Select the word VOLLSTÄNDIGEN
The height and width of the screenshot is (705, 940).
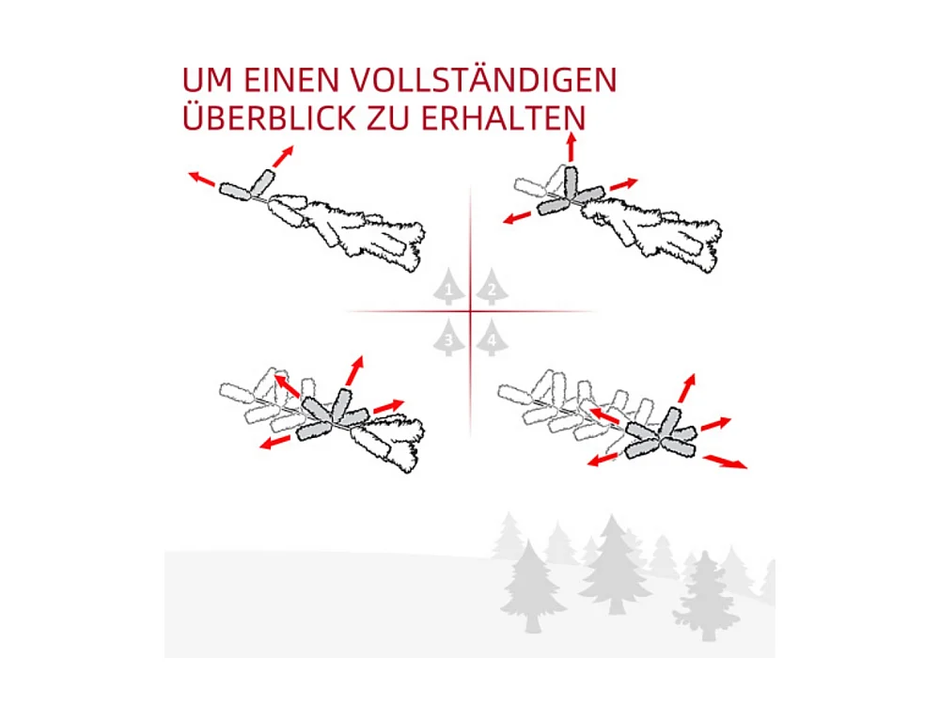pos(488,80)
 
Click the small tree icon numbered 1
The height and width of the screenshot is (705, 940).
pos(449,288)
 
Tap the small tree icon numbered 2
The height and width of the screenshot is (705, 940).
pos(491,288)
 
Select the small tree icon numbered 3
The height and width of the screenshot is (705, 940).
pos(449,338)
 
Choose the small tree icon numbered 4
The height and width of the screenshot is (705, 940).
pos(491,338)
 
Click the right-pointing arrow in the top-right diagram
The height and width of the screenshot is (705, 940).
pos(623,183)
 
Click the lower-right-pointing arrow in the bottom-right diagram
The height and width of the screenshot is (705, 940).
pos(728,461)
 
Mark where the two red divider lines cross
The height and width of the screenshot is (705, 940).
pos(470,311)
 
